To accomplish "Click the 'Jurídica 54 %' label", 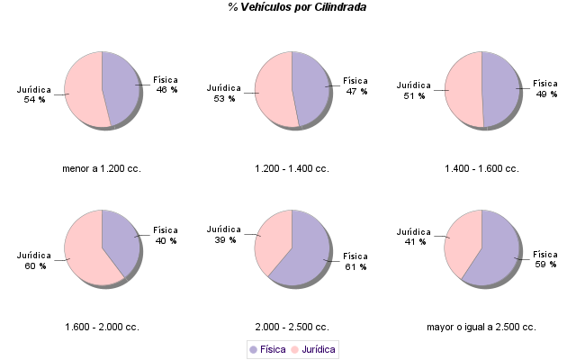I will pos(34,94).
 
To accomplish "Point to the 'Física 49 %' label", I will pos(546,88).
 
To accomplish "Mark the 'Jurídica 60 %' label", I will pos(34,260).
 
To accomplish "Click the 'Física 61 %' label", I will pos(355,261).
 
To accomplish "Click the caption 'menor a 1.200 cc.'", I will pos(102,168).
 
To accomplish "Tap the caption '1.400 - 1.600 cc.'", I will pos(481,168).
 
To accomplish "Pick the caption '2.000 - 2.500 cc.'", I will pos(292,327).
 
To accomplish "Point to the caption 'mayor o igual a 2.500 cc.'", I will pos(481,327).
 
